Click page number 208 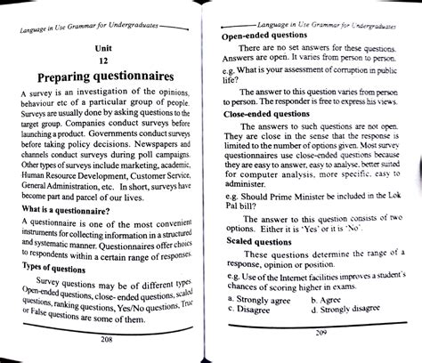tap(107, 338)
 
